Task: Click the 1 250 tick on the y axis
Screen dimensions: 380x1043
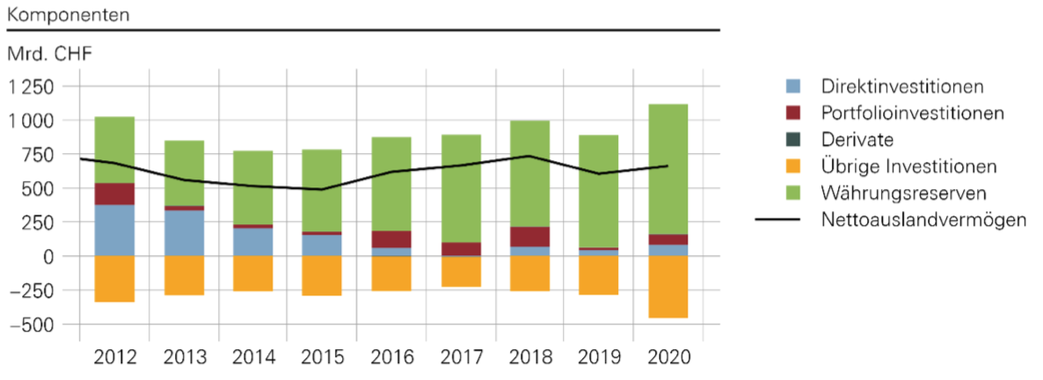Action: tap(32, 86)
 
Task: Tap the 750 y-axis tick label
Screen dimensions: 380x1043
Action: tap(40, 154)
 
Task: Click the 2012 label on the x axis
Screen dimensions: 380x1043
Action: tap(114, 358)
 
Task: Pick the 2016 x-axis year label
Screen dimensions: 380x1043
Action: tap(391, 358)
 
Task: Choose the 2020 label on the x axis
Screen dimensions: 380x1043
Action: tap(668, 358)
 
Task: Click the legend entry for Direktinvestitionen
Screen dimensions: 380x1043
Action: tap(901, 86)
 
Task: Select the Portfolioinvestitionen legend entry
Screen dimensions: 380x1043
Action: tap(912, 113)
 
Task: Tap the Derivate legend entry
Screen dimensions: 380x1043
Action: tap(857, 139)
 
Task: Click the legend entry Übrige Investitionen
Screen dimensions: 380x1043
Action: tap(908, 166)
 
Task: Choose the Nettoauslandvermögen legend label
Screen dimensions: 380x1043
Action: tap(923, 219)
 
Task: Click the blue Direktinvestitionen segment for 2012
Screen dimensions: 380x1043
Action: tap(114, 230)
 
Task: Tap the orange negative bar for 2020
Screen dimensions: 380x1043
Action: tap(668, 287)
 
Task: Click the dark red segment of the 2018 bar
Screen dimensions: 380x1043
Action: tap(530, 237)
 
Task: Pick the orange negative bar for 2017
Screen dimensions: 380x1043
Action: tap(461, 272)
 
